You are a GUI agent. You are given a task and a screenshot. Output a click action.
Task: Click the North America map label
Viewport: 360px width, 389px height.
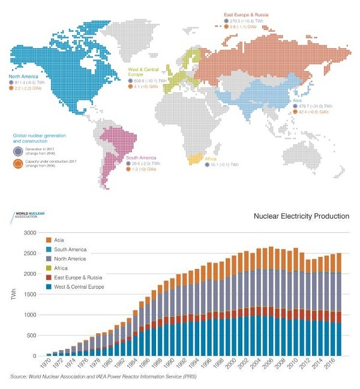(23, 77)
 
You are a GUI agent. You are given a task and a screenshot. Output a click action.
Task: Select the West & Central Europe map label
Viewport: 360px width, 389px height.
(142, 73)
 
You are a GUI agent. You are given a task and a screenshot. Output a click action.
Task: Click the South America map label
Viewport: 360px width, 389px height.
(139, 157)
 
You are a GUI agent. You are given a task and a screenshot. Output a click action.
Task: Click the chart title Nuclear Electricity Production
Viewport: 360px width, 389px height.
(301, 216)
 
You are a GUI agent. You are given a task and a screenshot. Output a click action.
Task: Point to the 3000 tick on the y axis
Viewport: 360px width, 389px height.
(29, 232)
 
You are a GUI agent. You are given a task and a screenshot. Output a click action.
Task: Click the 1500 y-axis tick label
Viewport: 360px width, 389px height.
(29, 294)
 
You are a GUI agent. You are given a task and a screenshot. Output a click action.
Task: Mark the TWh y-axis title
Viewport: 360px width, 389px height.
(12, 294)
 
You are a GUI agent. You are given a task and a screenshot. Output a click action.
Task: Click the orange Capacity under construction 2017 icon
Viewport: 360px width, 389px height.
(18, 163)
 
